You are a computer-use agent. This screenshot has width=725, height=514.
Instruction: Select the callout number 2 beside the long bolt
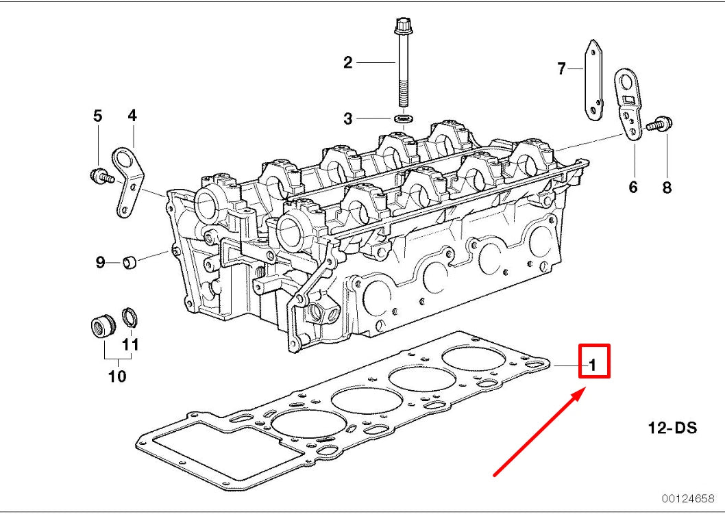348,63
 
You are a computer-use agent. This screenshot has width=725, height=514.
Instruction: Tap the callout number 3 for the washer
348,119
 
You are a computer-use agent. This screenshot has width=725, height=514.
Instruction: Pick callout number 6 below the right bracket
633,186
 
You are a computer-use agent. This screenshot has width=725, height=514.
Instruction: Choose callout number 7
561,68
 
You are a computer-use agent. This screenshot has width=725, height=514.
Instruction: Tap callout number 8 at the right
667,186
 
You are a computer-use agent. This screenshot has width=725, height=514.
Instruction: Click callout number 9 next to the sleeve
99,261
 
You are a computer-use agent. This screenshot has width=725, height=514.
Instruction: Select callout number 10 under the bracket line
117,376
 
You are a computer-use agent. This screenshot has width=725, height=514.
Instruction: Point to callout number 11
130,344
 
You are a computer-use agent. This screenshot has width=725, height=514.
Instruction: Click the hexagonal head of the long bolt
402,27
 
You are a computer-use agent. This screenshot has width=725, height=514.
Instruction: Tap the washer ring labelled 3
404,120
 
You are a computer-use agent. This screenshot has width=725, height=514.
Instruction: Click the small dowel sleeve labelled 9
130,261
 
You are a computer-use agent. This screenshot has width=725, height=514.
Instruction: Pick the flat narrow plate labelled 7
594,81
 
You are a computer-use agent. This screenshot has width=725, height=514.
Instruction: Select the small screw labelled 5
100,175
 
